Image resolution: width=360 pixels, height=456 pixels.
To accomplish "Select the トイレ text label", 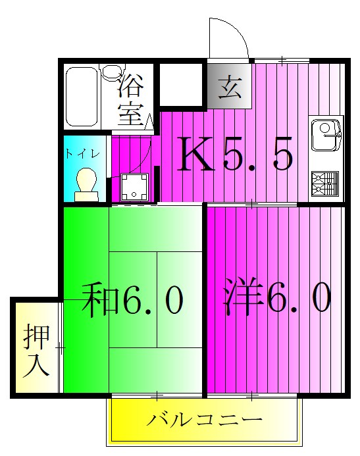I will [82, 153].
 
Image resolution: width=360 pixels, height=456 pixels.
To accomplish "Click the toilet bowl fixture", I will [85, 181].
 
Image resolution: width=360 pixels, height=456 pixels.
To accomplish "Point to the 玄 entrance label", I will [229, 86].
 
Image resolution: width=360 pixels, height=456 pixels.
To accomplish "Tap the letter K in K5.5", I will [196, 155].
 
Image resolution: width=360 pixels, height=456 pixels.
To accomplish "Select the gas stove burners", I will [325, 184].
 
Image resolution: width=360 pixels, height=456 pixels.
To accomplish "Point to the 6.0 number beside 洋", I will [297, 299].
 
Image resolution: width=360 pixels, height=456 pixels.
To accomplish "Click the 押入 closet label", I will [36, 348].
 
